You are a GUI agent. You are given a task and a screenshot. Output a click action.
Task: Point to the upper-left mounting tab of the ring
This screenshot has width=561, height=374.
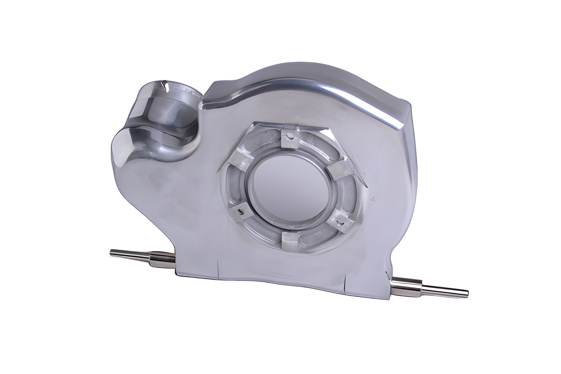point(237,158)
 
